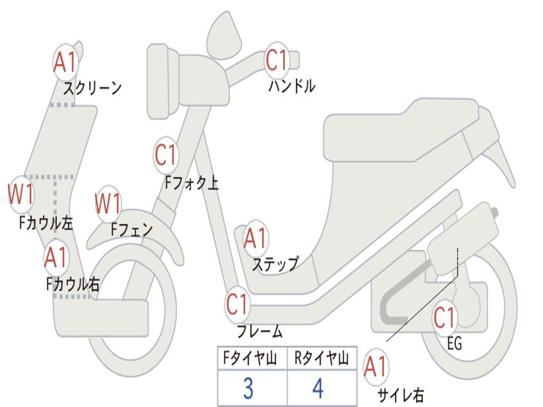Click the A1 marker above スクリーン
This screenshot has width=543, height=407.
[x=66, y=63]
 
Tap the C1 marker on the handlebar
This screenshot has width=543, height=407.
[x=277, y=60]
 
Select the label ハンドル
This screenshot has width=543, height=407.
[x=292, y=86]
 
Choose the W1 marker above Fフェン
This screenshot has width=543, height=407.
[x=108, y=203]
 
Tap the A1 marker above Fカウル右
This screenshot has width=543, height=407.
[x=56, y=258]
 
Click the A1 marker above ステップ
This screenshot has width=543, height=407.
[x=255, y=239]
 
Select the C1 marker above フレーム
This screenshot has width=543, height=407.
[x=238, y=304]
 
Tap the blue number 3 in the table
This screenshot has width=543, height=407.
[x=248, y=388]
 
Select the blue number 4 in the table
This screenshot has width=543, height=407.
[x=318, y=388]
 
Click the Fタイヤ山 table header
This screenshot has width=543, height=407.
[x=248, y=359]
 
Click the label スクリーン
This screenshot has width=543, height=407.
[x=93, y=88]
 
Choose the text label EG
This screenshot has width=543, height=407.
[x=454, y=344]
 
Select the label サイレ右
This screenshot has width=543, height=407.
[x=401, y=395]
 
